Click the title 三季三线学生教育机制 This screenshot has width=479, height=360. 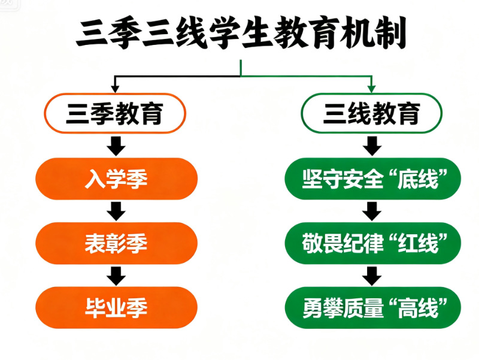(x=241, y=33)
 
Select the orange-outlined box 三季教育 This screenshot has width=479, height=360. (x=114, y=113)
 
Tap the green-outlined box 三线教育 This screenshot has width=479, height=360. (x=371, y=113)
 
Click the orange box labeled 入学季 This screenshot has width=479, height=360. (x=116, y=179)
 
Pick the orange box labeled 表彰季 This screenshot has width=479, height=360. (x=116, y=243)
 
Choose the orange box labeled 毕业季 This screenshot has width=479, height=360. (x=116, y=307)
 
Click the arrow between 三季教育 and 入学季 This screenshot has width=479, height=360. (x=116, y=146)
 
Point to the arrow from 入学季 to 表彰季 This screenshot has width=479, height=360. (x=116, y=211)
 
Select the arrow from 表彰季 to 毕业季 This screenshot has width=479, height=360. (x=116, y=275)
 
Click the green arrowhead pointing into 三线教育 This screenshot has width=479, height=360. (x=372, y=89)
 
